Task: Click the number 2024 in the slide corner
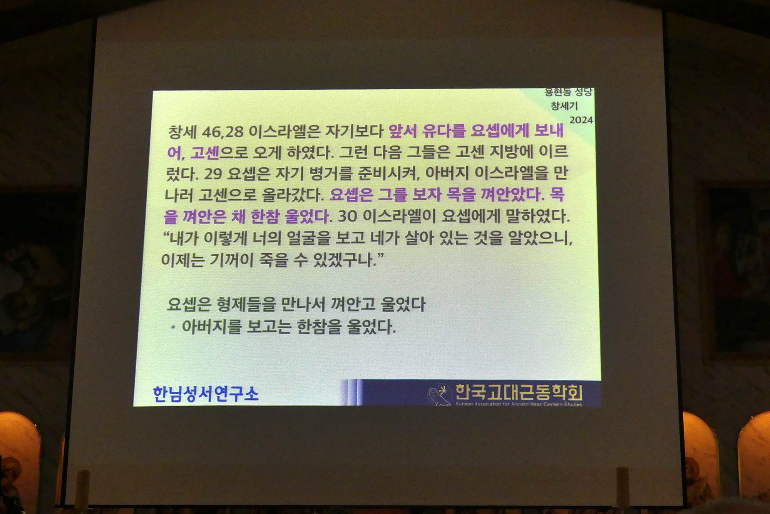click(581, 120)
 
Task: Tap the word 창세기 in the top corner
click(564, 106)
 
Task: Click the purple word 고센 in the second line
click(205, 153)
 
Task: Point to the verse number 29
click(213, 174)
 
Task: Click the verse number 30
click(348, 217)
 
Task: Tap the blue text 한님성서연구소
click(206, 394)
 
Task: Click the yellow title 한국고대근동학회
click(519, 392)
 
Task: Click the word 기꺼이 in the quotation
click(232, 260)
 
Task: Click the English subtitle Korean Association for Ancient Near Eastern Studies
click(519, 404)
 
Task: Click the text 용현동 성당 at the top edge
click(568, 92)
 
